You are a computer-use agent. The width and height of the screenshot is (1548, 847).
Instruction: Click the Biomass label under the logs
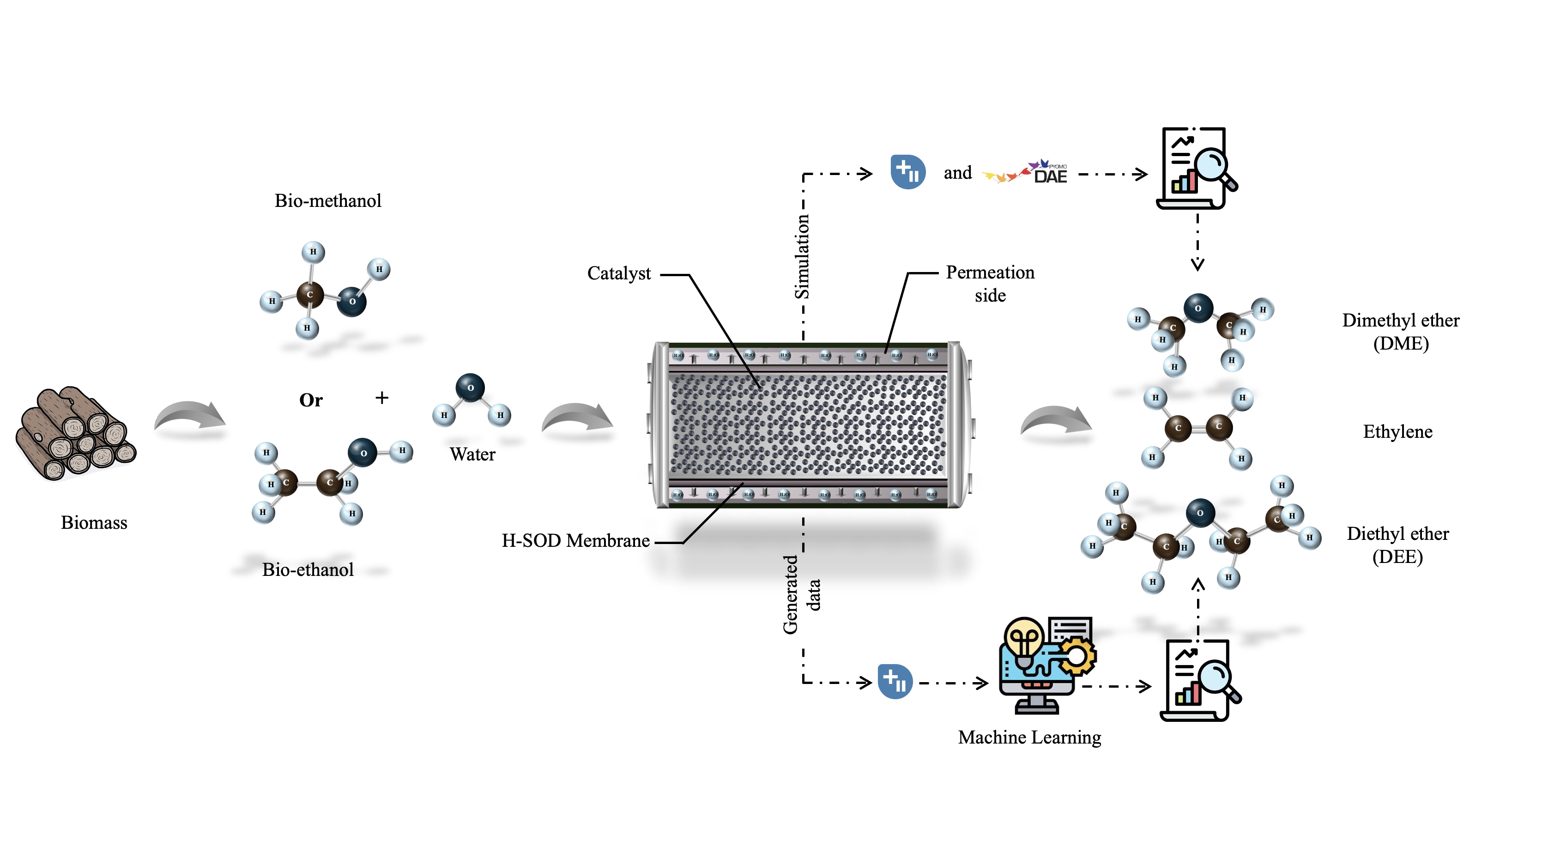point(94,522)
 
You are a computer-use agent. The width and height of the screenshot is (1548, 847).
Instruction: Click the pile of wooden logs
point(76,433)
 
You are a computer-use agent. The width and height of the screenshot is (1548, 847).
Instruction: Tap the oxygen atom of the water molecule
point(470,388)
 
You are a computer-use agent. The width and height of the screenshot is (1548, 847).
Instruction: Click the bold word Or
point(311,400)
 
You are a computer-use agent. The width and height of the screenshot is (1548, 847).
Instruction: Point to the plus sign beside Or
point(381,397)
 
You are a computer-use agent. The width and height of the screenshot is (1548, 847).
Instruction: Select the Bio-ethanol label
point(308,569)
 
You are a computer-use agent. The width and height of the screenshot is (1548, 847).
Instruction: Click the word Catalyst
point(618,273)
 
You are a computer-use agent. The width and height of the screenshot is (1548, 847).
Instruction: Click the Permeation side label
point(990,283)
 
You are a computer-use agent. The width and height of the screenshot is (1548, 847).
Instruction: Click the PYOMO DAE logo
point(1025,173)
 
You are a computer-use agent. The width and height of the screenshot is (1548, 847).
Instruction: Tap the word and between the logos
point(957,173)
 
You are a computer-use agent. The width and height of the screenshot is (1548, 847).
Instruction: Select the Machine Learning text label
point(1029,737)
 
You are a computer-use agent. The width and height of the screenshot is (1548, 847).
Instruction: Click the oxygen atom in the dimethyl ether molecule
point(1197,308)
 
